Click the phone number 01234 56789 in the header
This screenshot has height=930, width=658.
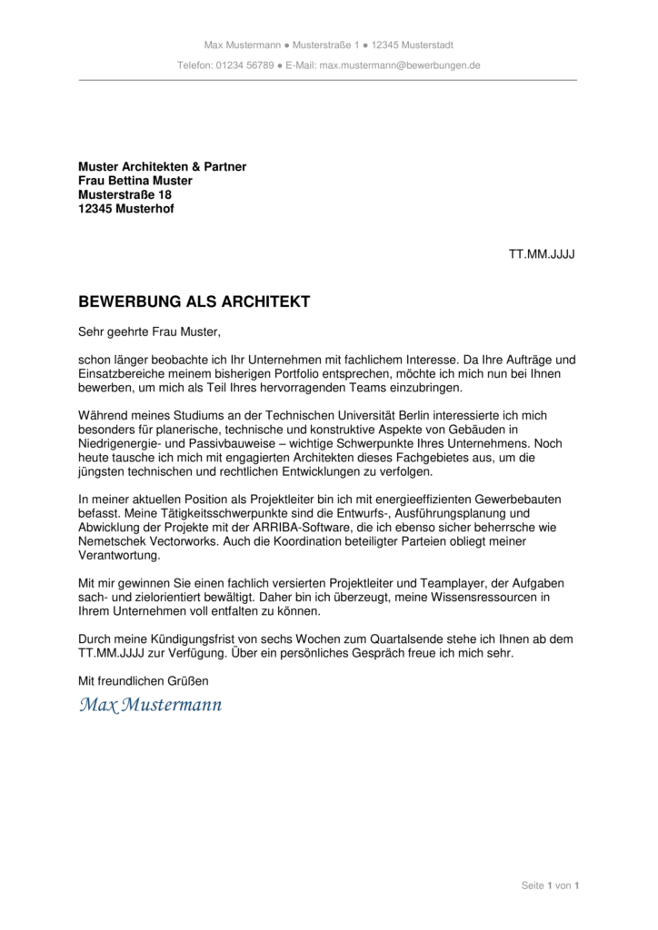tap(244, 65)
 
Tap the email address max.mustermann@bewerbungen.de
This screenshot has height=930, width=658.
tap(400, 65)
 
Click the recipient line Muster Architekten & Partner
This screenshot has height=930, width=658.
tap(162, 167)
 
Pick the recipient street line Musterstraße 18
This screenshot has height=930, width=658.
tap(125, 194)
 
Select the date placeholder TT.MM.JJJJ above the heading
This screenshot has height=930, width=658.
tap(541, 253)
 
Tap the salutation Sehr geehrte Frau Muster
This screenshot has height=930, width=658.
tap(149, 332)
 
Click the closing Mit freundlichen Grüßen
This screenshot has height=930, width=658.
tap(144, 680)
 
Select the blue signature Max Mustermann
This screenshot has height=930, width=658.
tap(150, 705)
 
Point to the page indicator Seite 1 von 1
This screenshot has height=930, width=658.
tap(550, 885)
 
